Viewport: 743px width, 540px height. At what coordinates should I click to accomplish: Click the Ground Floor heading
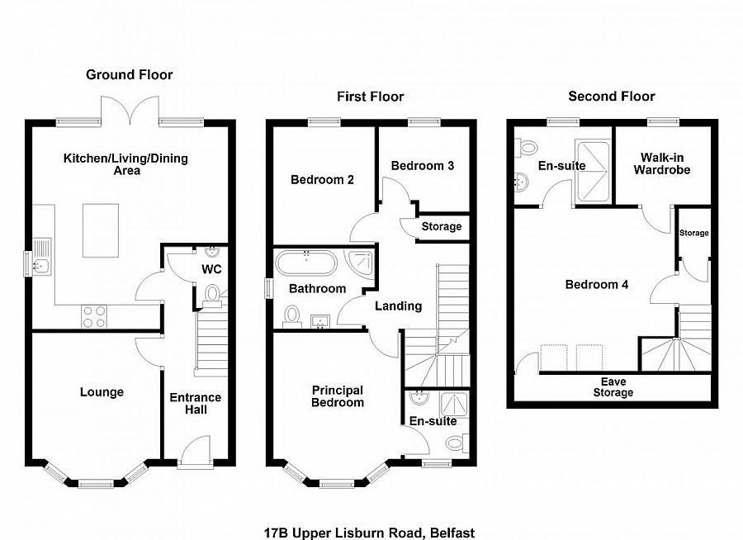(130, 75)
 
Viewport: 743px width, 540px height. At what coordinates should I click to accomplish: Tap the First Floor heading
(370, 97)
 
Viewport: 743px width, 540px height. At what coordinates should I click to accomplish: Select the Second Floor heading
(611, 96)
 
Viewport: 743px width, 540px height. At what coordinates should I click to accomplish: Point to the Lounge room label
(102, 392)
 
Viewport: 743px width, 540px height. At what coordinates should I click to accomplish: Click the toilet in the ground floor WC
(211, 294)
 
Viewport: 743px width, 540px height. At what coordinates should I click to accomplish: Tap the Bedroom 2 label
(323, 179)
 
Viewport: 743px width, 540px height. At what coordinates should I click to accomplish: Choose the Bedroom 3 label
(423, 165)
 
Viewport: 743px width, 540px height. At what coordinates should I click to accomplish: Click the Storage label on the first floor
(442, 227)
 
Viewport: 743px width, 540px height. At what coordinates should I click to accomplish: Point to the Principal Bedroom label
(338, 396)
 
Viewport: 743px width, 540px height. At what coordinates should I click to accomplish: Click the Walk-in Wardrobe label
(661, 163)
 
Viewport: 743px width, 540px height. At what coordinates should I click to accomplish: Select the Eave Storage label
(613, 387)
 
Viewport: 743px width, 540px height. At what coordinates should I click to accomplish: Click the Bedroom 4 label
(596, 285)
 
